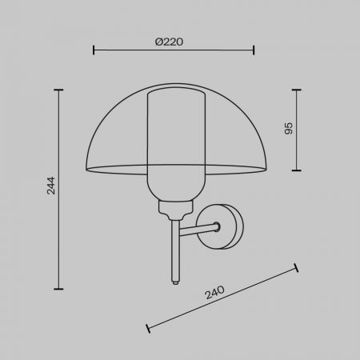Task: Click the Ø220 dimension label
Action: pos(169,42)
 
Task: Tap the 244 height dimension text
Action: pos(50,186)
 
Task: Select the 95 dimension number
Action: pos(289,128)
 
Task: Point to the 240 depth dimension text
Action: pos(214,293)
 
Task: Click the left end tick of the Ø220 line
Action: pos(94,50)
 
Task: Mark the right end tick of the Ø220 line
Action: pos(254,50)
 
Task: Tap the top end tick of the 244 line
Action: pos(58,90)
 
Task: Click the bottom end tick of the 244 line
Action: pos(58,289)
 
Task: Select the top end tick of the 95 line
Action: pos(297,90)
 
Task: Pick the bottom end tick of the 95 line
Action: pos(297,170)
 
